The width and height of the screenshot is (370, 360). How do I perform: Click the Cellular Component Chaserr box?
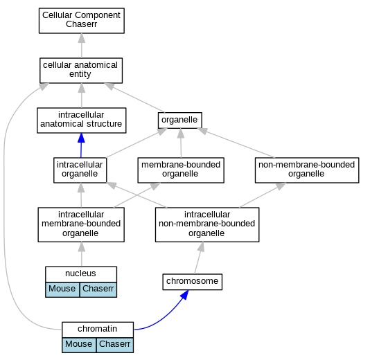click(81, 21)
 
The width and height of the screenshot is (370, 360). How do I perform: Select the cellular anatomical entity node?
click(81, 71)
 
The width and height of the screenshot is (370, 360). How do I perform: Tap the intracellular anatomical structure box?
click(81, 120)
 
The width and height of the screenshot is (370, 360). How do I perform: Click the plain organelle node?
click(180, 120)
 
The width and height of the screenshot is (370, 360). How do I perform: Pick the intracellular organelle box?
click(80, 170)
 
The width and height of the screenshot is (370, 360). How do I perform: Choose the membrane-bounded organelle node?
click(181, 170)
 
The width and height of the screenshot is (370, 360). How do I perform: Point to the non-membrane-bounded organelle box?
click(307, 170)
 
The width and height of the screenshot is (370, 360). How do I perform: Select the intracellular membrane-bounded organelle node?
click(81, 224)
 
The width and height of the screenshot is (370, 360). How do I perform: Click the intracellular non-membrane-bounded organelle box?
click(207, 224)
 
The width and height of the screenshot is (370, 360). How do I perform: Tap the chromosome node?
click(192, 282)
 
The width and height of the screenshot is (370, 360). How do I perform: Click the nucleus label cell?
click(81, 274)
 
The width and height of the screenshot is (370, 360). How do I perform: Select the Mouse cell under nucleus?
click(62, 289)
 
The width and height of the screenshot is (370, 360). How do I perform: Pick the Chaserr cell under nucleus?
click(98, 289)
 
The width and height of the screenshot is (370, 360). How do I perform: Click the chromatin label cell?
click(98, 330)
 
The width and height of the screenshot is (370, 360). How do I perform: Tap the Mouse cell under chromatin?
click(79, 345)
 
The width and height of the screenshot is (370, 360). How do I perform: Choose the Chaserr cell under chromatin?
click(115, 345)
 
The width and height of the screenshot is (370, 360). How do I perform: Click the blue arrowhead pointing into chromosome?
click(184, 295)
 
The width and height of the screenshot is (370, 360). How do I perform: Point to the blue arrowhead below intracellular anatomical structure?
click(81, 138)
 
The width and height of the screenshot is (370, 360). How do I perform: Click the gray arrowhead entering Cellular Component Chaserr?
click(82, 38)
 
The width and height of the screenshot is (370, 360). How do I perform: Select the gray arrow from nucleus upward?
click(82, 254)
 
